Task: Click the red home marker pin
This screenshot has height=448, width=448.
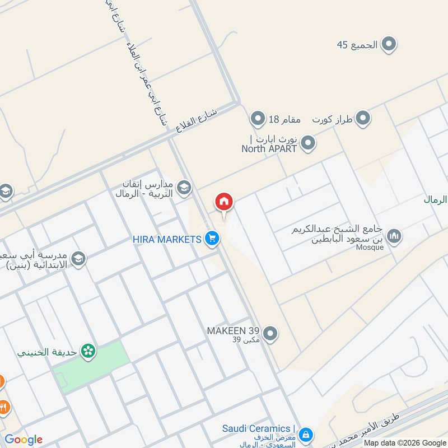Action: click(224, 202)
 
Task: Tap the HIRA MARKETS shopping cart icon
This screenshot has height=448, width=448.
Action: click(211, 239)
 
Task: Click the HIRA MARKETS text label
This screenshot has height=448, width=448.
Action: click(166, 239)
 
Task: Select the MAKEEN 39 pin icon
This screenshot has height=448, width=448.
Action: click(270, 334)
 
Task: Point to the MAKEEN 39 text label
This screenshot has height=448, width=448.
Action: click(234, 330)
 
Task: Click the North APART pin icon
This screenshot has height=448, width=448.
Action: click(307, 144)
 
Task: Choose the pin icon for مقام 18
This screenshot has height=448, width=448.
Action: click(257, 119)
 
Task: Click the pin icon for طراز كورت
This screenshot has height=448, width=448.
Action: click(363, 119)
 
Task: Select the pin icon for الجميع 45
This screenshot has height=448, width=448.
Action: click(389, 44)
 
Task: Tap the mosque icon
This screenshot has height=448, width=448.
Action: click(394, 236)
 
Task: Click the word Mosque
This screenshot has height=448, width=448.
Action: click(369, 248)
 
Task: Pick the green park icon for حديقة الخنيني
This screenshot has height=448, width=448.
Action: click(87, 352)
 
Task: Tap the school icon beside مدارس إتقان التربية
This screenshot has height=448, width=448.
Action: click(184, 189)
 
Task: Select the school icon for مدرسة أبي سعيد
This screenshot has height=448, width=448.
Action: click(79, 259)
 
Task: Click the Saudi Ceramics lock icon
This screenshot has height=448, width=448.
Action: click(305, 434)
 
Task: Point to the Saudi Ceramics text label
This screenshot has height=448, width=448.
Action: click(255, 428)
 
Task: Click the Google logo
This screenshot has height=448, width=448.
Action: click(24, 440)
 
